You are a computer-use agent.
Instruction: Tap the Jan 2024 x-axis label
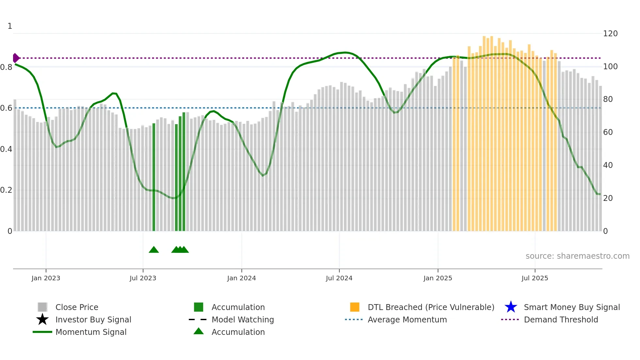(241, 278)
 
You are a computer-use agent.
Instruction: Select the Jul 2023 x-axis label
(143, 278)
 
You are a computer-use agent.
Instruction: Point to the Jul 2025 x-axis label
(535, 278)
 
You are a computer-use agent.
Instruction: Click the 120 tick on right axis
(610, 34)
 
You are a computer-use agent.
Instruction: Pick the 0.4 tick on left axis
(6, 149)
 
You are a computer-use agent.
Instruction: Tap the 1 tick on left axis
(10, 26)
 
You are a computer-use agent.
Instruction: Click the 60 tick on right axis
(608, 132)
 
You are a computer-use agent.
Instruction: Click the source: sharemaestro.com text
(577, 256)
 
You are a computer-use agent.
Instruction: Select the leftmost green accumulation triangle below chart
(154, 250)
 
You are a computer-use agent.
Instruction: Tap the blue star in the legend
(511, 307)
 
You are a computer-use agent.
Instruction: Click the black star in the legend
(42, 319)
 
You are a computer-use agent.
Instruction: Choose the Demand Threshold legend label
(561, 319)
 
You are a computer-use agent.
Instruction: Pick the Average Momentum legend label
(407, 319)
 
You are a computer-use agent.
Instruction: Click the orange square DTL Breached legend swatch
(355, 307)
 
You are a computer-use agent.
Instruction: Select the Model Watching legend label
(243, 319)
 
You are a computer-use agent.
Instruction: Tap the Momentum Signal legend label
(91, 332)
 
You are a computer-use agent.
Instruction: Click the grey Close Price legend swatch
(42, 307)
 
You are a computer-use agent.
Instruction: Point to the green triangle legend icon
(199, 331)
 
